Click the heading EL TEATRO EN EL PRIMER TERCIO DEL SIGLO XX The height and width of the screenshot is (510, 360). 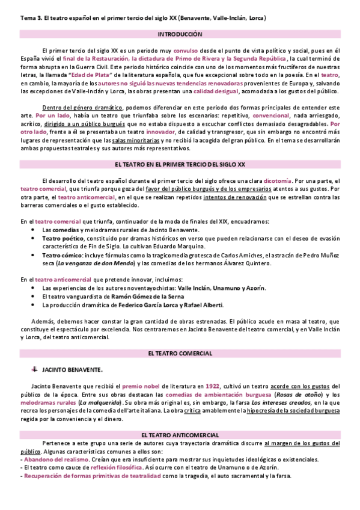pos(180,164)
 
